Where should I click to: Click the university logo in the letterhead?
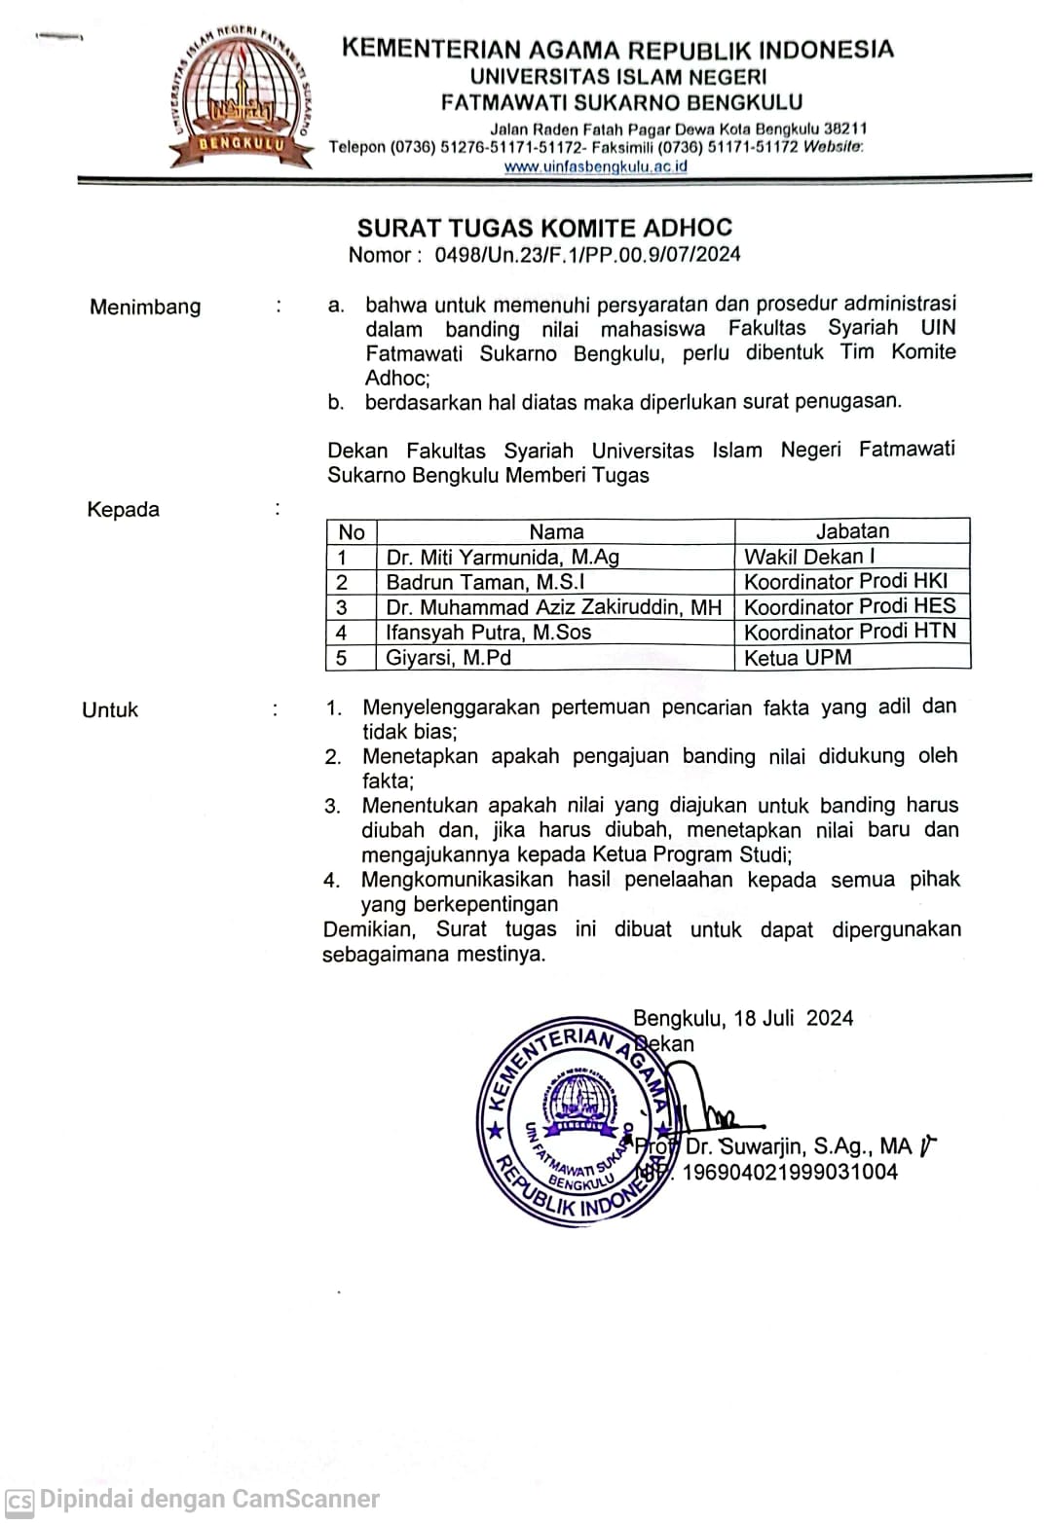click(239, 92)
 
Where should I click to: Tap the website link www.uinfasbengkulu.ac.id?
click(595, 166)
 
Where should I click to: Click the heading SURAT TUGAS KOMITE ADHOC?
click(544, 228)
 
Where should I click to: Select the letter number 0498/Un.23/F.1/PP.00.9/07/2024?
click(587, 255)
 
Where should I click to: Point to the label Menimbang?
click(145, 307)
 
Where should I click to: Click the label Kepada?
click(123, 510)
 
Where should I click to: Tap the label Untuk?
click(110, 710)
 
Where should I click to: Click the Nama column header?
click(556, 531)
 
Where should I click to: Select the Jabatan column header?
click(852, 531)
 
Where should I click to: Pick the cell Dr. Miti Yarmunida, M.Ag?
click(503, 557)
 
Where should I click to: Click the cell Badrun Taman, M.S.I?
click(485, 582)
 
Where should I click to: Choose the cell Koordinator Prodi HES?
click(850, 606)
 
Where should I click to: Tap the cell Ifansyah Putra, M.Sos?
click(489, 633)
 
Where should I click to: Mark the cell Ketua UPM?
click(798, 658)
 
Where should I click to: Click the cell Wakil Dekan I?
click(809, 557)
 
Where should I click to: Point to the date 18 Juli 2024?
click(794, 1018)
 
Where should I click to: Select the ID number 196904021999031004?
click(790, 1172)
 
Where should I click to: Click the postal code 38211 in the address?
click(845, 128)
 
